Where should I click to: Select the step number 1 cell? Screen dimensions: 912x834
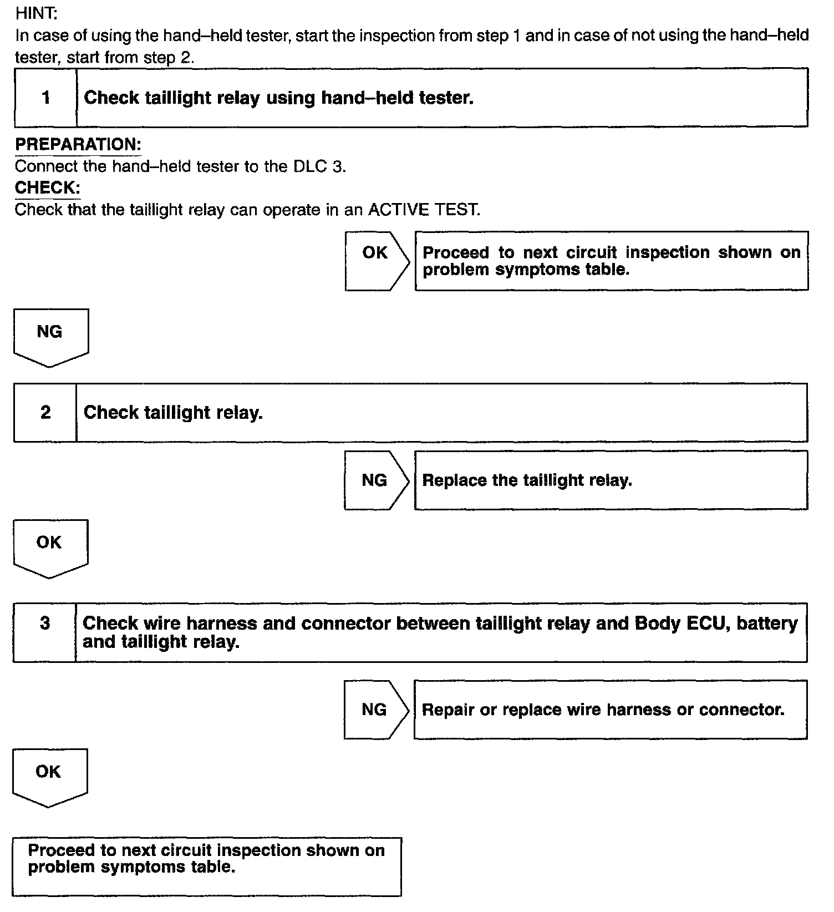click(45, 98)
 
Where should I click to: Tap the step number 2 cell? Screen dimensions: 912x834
click(45, 412)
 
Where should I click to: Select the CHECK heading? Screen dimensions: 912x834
click(48, 188)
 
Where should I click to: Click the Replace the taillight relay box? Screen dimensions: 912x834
click(611, 480)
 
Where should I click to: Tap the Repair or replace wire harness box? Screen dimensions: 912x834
click(610, 710)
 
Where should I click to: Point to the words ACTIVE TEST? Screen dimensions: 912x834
click(423, 210)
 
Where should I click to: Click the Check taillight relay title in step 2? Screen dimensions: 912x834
click(173, 413)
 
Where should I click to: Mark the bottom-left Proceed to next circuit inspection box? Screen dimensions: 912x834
click(207, 867)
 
